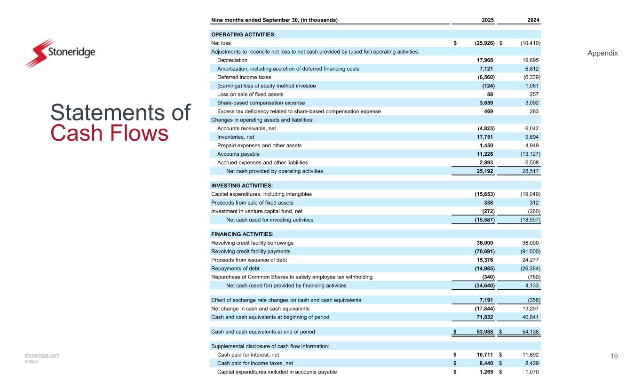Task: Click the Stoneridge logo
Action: pos(60,53)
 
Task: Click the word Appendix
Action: pos(602,53)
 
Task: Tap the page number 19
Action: pos(614,356)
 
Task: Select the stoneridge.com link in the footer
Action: pos(42,355)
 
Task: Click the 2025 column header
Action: pos(487,20)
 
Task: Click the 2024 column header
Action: pos(533,20)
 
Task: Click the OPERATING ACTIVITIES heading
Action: pos(243,34)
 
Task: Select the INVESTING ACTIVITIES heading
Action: pos(242,186)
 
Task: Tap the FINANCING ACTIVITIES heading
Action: pos(242,234)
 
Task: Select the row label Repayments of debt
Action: pos(235,269)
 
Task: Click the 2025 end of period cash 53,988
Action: pos(482,332)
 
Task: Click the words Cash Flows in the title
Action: pos(109,134)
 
